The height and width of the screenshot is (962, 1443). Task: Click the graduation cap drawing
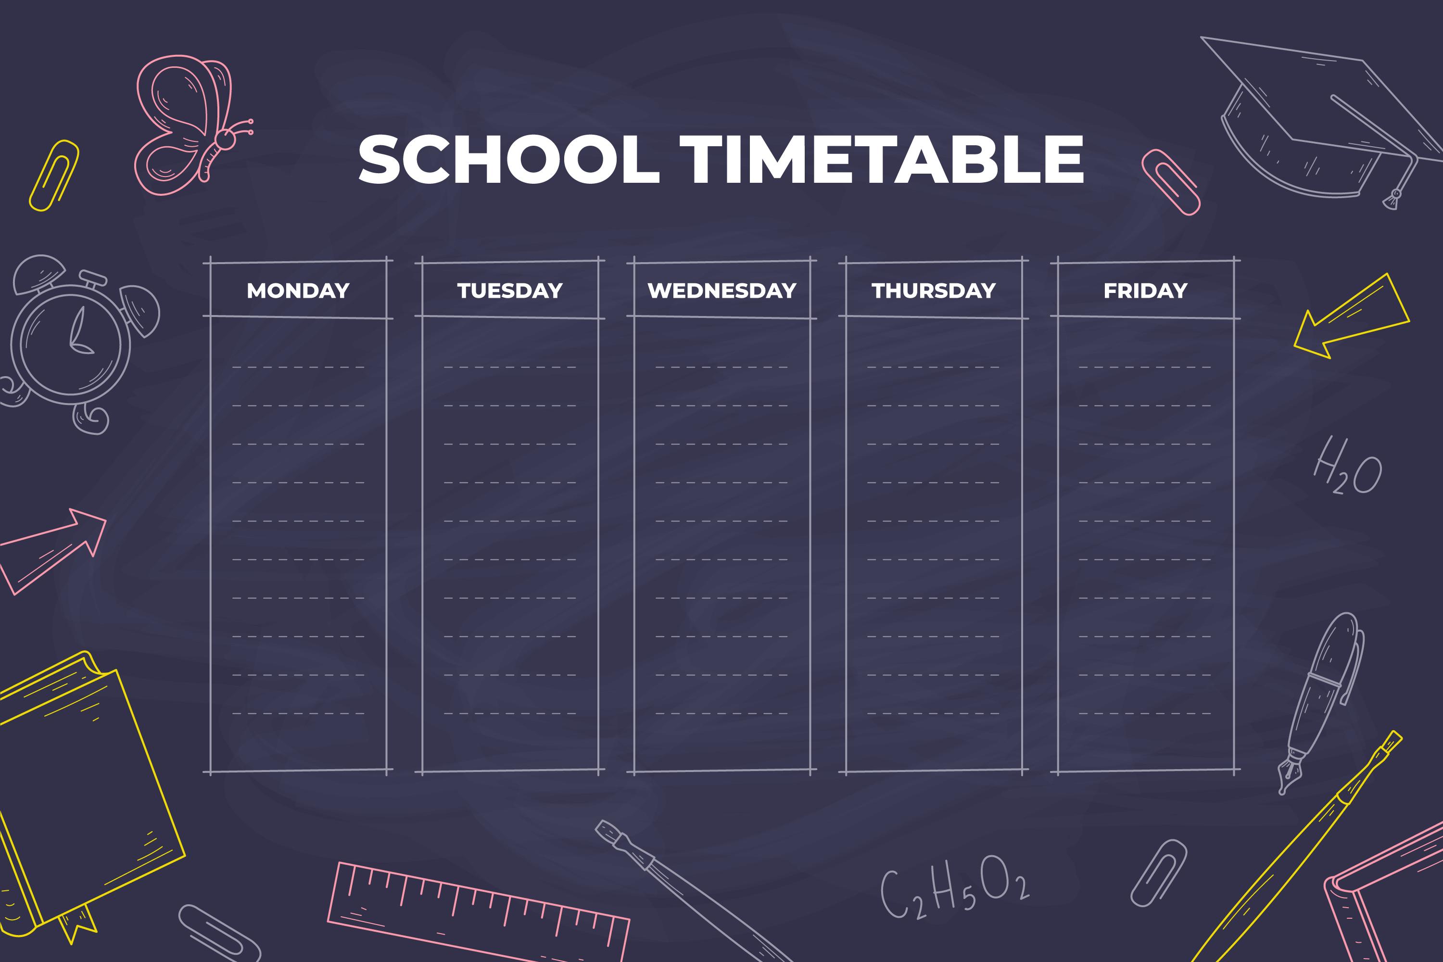click(1325, 116)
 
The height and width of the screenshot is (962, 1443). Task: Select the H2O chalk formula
click(1347, 466)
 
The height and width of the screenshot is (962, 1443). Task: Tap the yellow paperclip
click(54, 176)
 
